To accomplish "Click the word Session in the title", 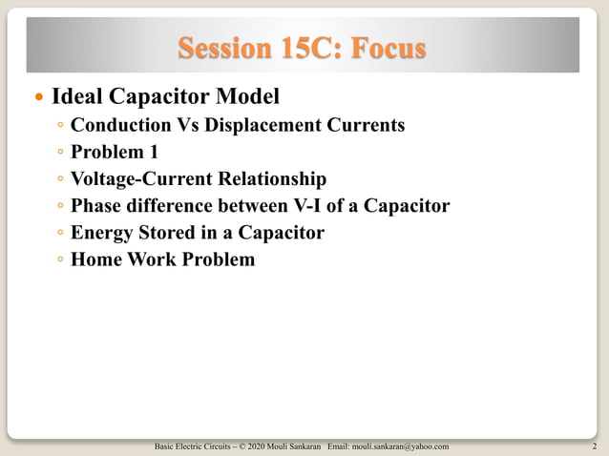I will point(225,48).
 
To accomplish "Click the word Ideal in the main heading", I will point(75,96).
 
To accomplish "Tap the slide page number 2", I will point(594,446).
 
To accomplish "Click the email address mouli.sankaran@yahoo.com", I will point(400,446).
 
